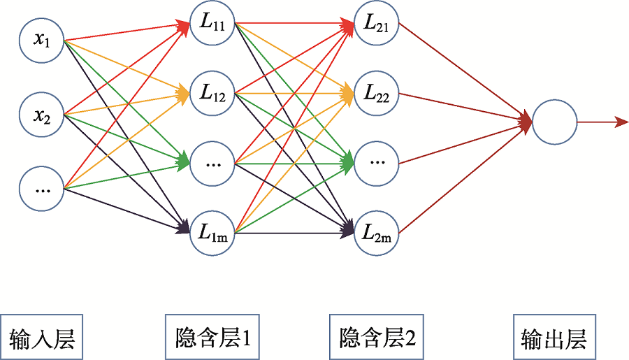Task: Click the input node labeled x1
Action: tap(42, 40)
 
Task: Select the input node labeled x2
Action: tap(42, 114)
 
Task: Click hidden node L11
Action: tap(212, 24)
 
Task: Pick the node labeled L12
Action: tap(212, 92)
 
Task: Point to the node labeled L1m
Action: tap(212, 232)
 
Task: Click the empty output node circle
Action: tap(554, 122)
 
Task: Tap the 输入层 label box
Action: tap(41, 339)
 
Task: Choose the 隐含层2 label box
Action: tap(377, 338)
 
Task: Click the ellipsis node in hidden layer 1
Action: tap(212, 162)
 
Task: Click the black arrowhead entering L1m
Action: tap(183, 226)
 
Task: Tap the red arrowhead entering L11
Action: tap(183, 26)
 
